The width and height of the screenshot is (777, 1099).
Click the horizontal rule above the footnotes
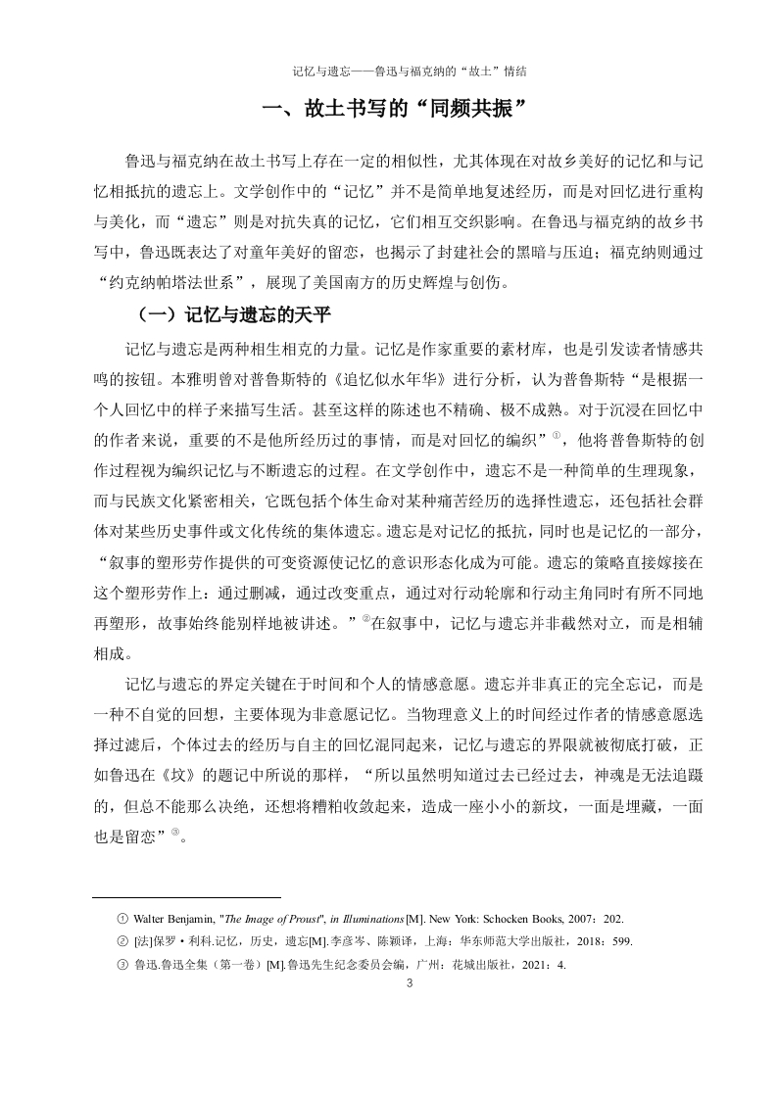(186, 895)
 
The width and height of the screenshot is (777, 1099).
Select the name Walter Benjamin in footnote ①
(167, 919)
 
